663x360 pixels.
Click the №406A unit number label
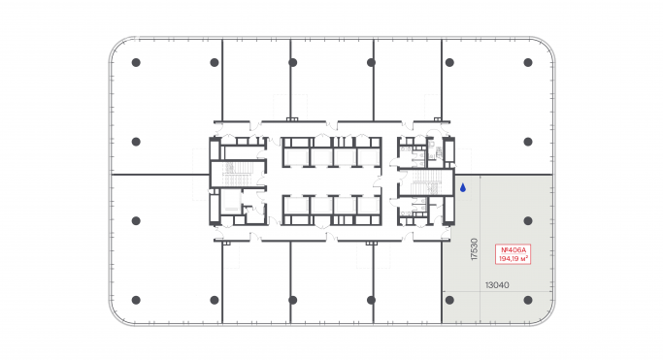512,248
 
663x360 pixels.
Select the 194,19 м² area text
512,258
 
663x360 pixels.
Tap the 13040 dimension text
497,284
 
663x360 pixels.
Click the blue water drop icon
463,187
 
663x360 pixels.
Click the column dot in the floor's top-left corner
136,62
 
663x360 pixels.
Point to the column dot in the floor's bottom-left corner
136,299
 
